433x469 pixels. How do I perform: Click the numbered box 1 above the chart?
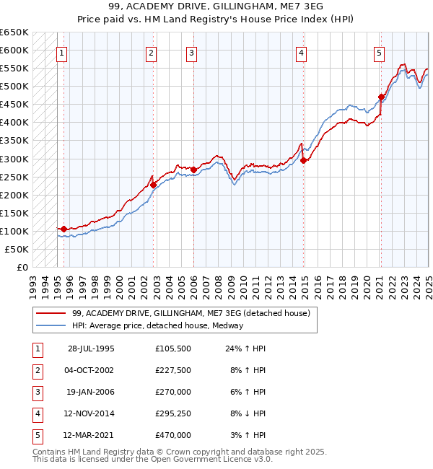[62, 52]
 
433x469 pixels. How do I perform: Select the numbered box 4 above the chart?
[301, 52]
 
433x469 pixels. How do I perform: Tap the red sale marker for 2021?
[381, 96]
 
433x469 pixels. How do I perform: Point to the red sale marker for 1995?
[64, 229]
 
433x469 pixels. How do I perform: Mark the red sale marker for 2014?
[304, 160]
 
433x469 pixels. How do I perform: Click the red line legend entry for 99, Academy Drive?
[191, 313]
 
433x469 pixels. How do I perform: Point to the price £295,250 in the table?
[172, 415]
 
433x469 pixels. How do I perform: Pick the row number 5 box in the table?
[37, 435]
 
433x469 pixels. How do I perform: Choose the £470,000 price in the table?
[172, 435]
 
